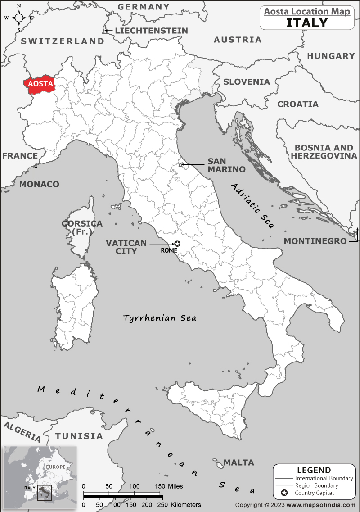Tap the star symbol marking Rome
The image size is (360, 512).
click(177, 244)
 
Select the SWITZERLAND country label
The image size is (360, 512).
click(63, 41)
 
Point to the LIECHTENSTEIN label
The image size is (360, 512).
click(152, 31)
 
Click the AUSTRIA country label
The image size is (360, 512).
click(238, 40)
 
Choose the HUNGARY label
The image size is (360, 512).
click(331, 56)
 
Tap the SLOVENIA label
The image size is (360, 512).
click(247, 82)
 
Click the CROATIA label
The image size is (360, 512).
click(298, 104)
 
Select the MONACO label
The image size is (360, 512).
click(39, 184)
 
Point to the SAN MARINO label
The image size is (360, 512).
click(226, 165)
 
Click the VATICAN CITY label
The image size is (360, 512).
click(126, 247)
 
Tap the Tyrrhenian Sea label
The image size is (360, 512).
click(160, 318)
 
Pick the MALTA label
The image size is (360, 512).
click(239, 462)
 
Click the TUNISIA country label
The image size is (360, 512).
click(79, 436)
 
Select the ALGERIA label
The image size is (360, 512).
click(22, 431)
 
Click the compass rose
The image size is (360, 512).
click(19, 18)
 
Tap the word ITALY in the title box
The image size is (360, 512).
click(307, 23)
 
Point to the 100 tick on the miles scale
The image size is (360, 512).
click(135, 487)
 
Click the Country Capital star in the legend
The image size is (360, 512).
click(284, 494)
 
